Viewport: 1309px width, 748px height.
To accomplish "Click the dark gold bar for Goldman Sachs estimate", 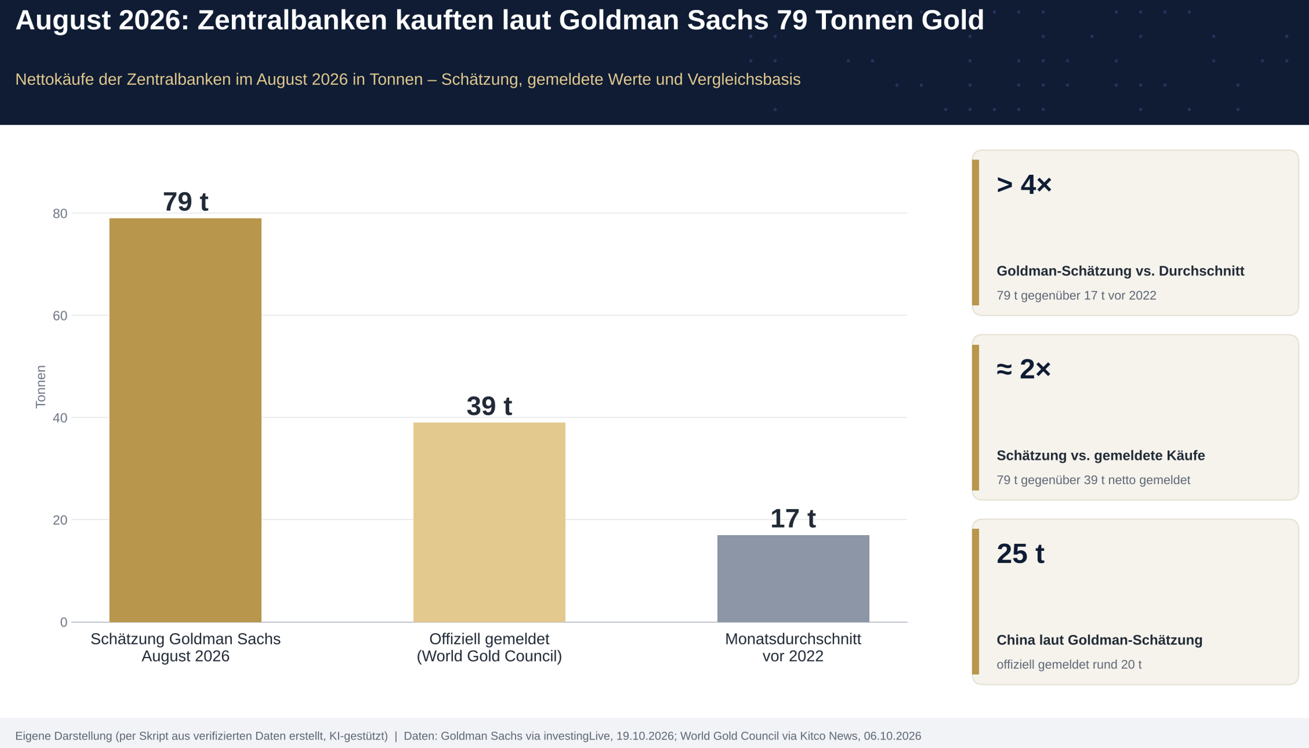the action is pos(185,420).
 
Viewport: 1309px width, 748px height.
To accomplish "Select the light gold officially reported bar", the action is pos(489,522).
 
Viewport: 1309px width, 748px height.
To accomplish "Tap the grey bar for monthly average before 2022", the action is pos(793,578).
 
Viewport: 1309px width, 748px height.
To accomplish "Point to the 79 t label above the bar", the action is pos(186,201).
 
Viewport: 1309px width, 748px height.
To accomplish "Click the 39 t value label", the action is pos(489,406).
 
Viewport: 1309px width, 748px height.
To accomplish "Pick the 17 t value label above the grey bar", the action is pos(793,518).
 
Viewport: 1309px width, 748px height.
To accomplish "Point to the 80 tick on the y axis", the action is pos(60,213).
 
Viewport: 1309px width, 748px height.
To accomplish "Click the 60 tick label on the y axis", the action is pos(60,316).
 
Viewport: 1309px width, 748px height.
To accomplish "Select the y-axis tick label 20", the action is pos(60,520).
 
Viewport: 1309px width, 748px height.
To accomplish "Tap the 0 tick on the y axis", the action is pos(64,622).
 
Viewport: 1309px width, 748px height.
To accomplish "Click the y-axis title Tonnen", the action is pos(41,387).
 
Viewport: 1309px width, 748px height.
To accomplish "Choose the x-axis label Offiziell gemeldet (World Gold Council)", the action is pos(489,647).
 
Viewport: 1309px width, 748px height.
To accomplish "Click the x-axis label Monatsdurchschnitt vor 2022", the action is pos(793,647).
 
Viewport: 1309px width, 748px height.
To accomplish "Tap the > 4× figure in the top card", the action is pos(1023,184).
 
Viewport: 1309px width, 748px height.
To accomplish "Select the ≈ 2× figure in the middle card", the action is pos(1023,369).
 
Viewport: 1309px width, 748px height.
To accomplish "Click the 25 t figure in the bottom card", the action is pos(1020,554).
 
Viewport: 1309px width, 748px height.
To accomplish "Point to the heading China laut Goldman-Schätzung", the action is pos(1099,640).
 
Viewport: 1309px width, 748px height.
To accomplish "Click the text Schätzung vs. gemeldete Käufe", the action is pos(1100,456).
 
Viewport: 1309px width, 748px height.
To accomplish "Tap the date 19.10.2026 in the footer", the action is pos(645,736).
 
